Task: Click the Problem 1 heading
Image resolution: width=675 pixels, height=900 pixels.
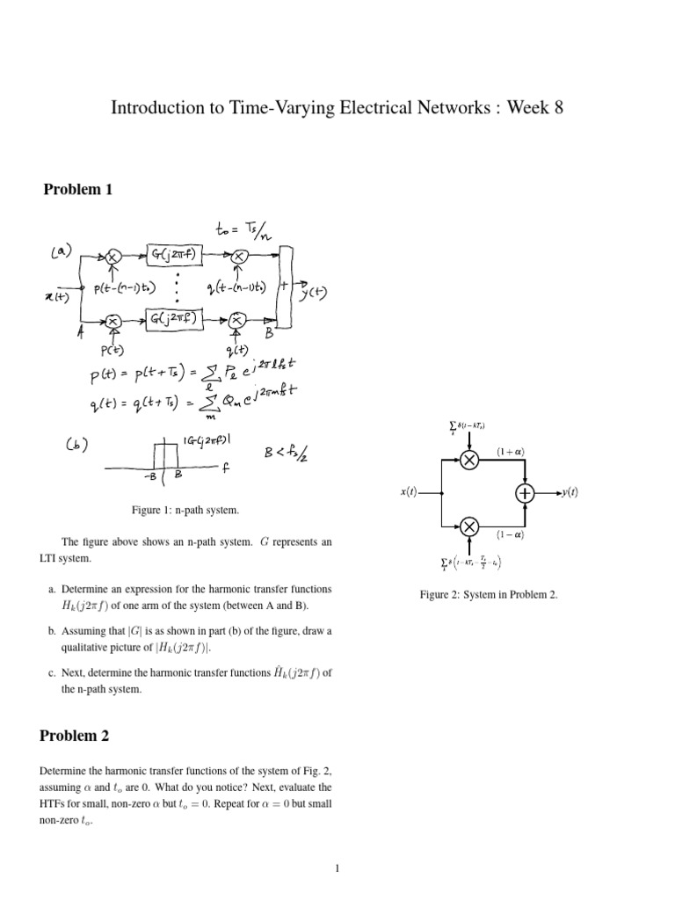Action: click(78, 190)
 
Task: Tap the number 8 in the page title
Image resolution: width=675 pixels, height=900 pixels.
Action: click(553, 108)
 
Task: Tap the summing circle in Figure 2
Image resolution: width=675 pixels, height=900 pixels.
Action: click(525, 494)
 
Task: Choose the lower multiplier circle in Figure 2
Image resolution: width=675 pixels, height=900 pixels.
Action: click(469, 526)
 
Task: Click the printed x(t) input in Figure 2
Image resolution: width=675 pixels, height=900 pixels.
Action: click(409, 494)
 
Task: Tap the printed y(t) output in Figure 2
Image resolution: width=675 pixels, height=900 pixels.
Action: click(570, 494)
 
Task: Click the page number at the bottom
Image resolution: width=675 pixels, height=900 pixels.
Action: click(337, 870)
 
